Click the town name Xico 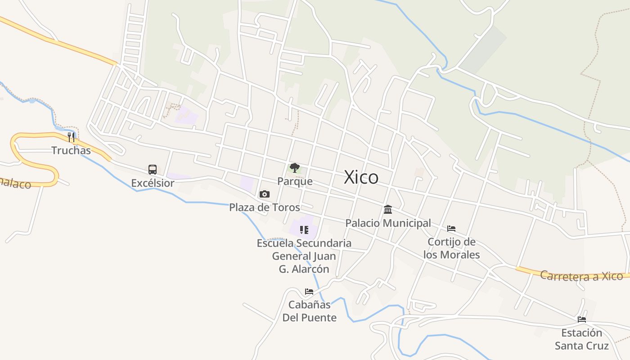pyautogui.click(x=361, y=177)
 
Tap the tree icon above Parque pyautogui.click(x=295, y=168)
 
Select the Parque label pyautogui.click(x=295, y=181)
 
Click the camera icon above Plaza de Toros pyautogui.click(x=265, y=194)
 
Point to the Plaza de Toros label pyautogui.click(x=265, y=207)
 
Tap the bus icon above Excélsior pyautogui.click(x=153, y=170)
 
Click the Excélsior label pyautogui.click(x=153, y=183)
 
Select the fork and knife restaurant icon pyautogui.click(x=71, y=137)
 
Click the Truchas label pyautogui.click(x=71, y=150)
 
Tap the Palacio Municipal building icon pyautogui.click(x=388, y=210)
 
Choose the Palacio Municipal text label pyautogui.click(x=388, y=223)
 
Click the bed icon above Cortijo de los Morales pyautogui.click(x=451, y=229)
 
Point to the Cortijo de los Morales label pyautogui.click(x=451, y=248)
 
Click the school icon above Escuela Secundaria pyautogui.click(x=304, y=230)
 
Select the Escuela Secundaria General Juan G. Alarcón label pyautogui.click(x=304, y=256)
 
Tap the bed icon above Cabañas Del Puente pyautogui.click(x=309, y=292)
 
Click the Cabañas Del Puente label pyautogui.click(x=309, y=311)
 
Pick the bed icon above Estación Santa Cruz pyautogui.click(x=582, y=320)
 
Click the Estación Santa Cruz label pyautogui.click(x=581, y=339)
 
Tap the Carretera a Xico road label pyautogui.click(x=581, y=276)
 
